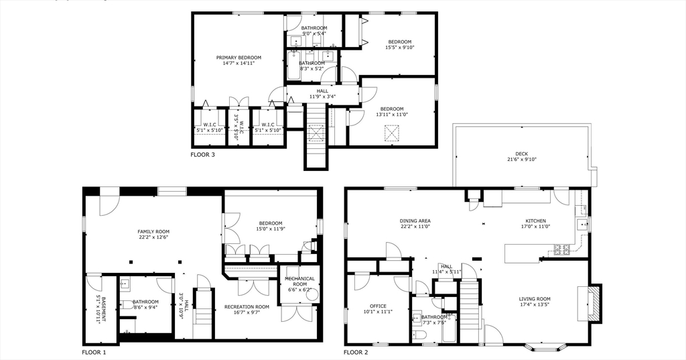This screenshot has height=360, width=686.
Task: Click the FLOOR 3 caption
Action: (203, 155)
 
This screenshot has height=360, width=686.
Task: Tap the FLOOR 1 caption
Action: (94, 352)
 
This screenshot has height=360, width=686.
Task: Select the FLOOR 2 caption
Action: (356, 352)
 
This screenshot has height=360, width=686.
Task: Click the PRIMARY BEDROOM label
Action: (238, 58)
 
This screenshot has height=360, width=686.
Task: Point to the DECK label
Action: (522, 154)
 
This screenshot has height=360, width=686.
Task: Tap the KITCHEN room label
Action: (535, 221)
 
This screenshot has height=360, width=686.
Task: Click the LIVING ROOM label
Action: (535, 299)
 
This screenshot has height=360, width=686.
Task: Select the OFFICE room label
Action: (378, 306)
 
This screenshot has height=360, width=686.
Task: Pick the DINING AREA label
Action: (415, 221)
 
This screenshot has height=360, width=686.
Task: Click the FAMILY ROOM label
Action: (153, 231)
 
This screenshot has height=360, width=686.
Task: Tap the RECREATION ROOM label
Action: (247, 307)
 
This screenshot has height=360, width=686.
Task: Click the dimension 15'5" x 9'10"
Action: (400, 48)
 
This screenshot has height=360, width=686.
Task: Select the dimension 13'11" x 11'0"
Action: (392, 115)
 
